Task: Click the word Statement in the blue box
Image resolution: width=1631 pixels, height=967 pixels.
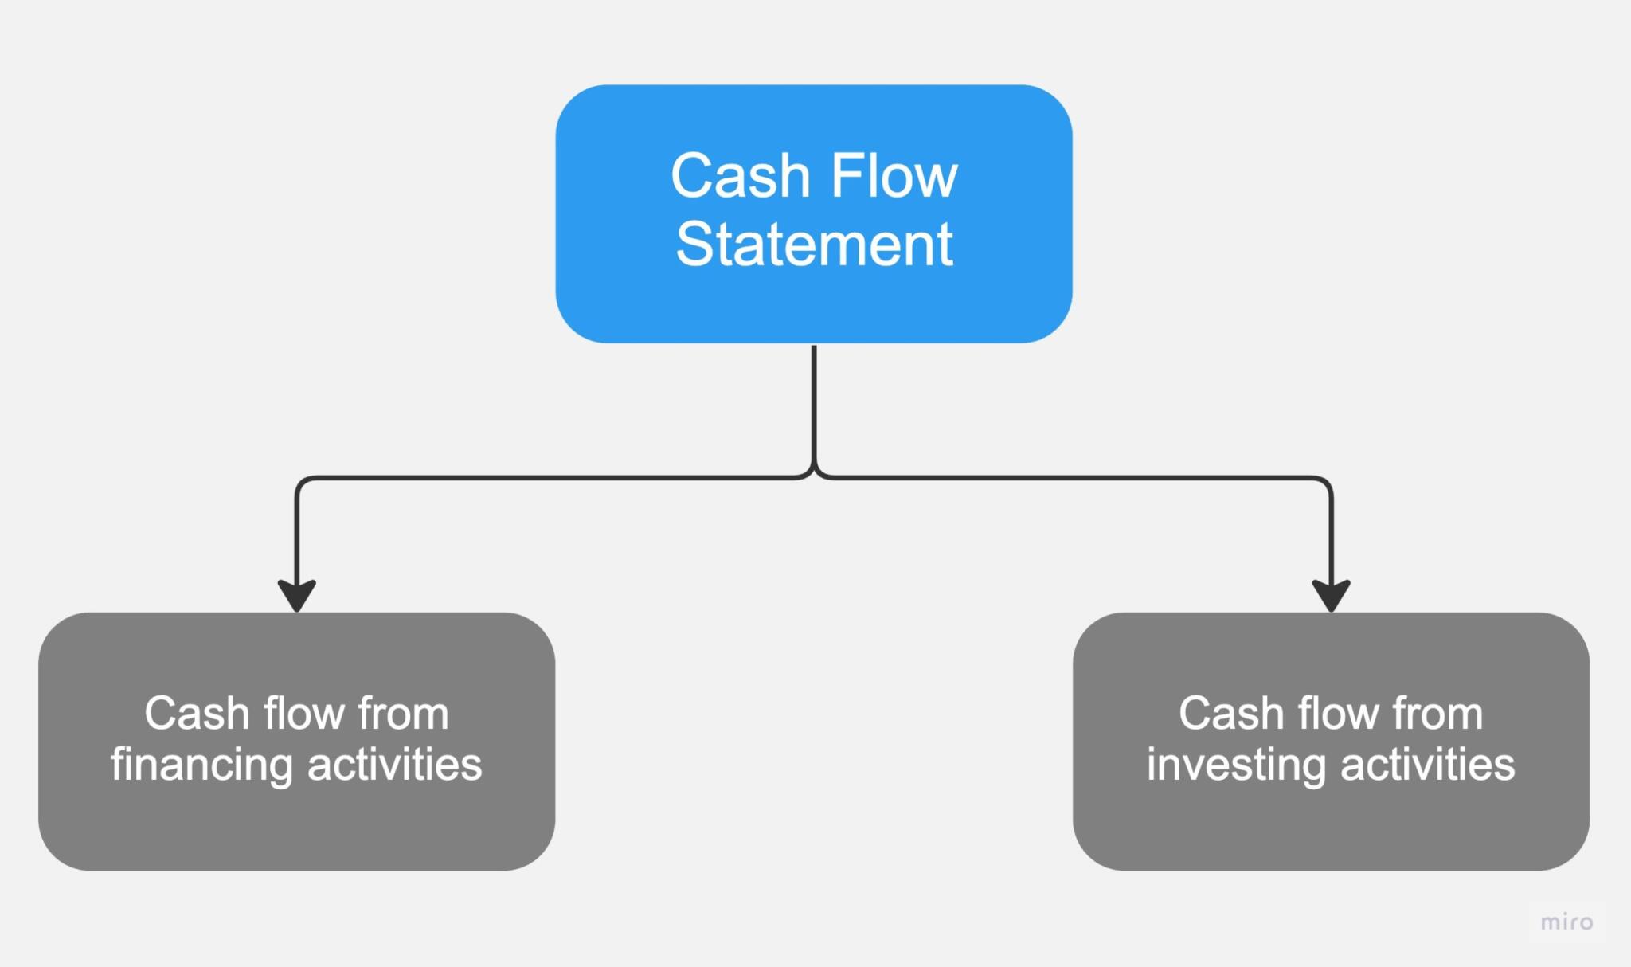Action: point(814,245)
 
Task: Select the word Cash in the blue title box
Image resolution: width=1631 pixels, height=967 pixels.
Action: point(740,176)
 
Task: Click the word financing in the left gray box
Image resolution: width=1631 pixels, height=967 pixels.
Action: point(201,765)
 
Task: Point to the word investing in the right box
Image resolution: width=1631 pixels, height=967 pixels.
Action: point(1236,765)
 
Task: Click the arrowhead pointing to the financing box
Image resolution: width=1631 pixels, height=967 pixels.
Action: point(296,595)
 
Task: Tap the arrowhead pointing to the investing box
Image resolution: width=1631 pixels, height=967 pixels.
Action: point(1331,595)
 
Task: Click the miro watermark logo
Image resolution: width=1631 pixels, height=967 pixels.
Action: point(1566,922)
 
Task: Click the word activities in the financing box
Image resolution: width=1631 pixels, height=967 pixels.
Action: point(394,764)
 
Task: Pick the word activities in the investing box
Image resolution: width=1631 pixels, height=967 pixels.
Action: point(1427,764)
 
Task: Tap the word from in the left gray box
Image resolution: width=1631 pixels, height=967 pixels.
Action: point(403,713)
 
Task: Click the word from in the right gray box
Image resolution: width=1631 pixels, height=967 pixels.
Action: point(1437,713)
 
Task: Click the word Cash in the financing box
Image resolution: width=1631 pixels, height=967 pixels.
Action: point(197,713)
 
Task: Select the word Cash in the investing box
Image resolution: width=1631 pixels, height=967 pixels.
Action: point(1231,713)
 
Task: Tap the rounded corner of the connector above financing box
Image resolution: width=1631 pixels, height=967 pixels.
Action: point(300,482)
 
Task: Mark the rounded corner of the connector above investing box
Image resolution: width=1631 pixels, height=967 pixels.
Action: point(1327,482)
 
